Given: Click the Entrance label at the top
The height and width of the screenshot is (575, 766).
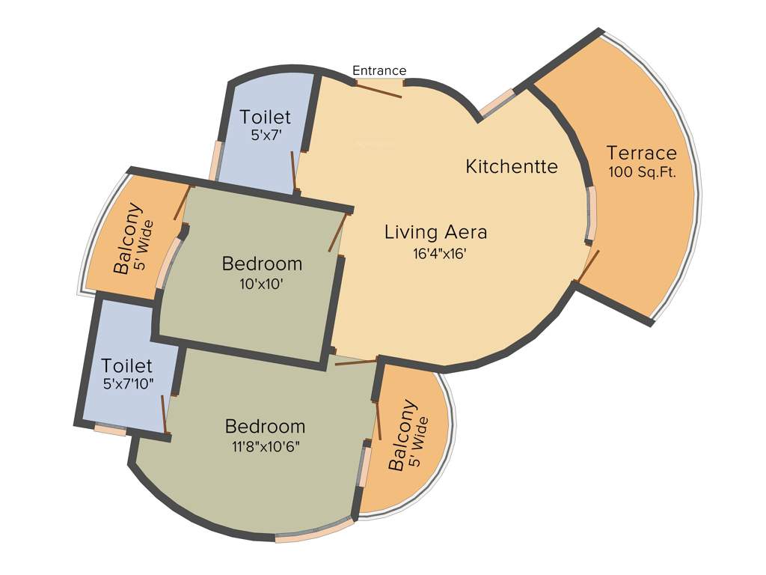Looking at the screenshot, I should [x=379, y=70].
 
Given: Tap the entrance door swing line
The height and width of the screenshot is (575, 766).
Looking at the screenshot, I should [x=378, y=90].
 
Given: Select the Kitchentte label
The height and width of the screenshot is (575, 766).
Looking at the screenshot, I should [x=512, y=166].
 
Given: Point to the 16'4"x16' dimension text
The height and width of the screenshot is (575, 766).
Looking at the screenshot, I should [x=440, y=254].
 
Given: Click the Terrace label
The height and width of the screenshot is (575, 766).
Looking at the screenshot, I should [x=641, y=153].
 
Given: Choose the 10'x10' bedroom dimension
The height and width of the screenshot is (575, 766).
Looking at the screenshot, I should [x=262, y=285].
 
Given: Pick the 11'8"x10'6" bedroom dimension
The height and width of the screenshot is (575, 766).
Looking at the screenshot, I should [x=267, y=447].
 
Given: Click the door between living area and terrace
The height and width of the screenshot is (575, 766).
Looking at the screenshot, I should [x=588, y=267].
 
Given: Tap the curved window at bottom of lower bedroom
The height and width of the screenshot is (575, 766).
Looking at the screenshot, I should [x=315, y=529].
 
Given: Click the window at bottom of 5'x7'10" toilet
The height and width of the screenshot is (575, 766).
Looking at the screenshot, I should [x=110, y=430].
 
